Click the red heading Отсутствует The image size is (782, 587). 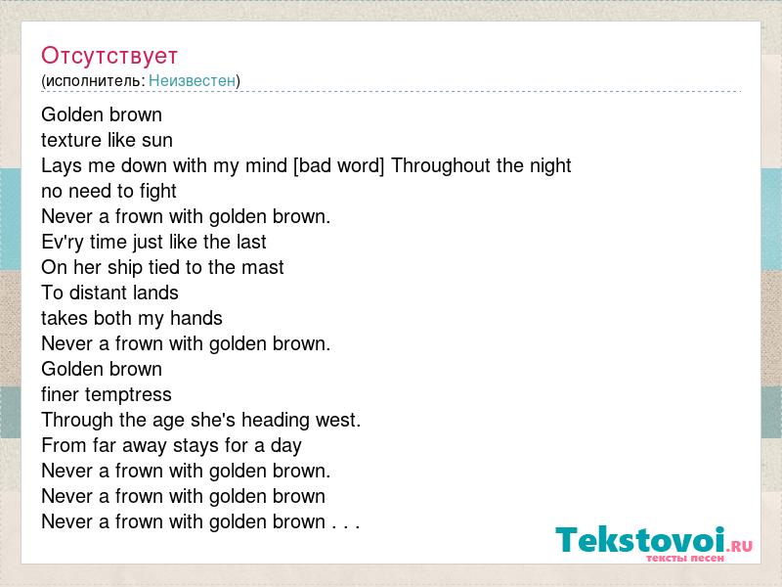pos(109,56)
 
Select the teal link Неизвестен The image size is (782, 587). pos(192,80)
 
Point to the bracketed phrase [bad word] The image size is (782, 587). pos(339,165)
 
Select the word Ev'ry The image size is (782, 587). pos(63,243)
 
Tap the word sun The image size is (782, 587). pos(157,141)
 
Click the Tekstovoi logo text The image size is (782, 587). pos(640,540)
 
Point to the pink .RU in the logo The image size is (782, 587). pos(739,546)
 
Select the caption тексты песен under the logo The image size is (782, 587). pos(685,558)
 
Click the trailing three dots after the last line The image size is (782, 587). pos(346,526)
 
